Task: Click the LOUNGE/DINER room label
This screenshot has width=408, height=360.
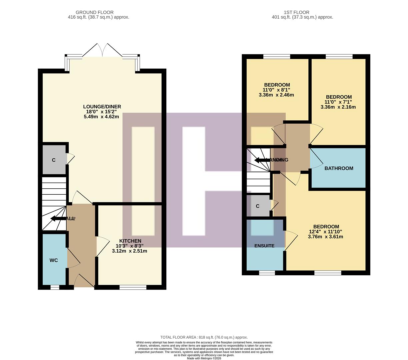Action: [102, 107]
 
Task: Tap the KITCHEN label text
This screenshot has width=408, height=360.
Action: [130, 241]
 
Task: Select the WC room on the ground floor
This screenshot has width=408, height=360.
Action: [54, 260]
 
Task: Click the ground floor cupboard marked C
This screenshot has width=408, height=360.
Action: [54, 160]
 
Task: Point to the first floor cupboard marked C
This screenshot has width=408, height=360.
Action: [258, 206]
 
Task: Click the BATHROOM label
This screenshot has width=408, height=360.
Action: [339, 168]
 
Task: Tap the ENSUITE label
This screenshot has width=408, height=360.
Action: [264, 246]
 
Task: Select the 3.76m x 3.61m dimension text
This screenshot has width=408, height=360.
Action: [325, 237]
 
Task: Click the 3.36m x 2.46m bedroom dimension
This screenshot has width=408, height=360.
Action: [276, 95]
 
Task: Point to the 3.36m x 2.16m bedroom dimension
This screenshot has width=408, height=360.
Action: [338, 107]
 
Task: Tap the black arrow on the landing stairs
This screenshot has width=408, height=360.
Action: [262, 160]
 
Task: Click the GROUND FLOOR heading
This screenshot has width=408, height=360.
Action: [95, 12]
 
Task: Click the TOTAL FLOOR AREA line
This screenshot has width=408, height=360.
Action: [204, 337]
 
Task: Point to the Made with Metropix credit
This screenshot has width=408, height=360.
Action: [204, 358]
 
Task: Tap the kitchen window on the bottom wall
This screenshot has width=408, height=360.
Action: [133, 287]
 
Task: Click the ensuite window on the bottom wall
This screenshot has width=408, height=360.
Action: [267, 273]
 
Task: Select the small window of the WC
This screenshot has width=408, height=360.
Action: [55, 287]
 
